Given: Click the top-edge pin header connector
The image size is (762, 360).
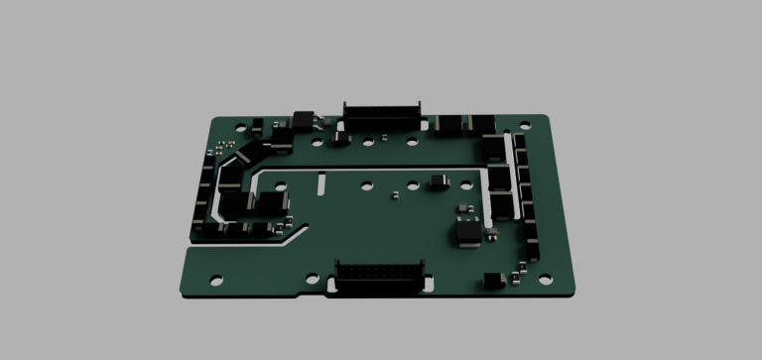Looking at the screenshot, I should pyautogui.click(x=382, y=112).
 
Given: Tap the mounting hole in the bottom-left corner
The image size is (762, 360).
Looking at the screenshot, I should pyautogui.click(x=215, y=279).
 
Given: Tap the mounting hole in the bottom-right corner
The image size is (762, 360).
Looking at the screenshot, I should pyautogui.click(x=545, y=279).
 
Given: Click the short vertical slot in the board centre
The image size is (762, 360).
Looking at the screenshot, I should pyautogui.click(x=321, y=183).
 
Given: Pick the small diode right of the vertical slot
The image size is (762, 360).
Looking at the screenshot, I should pyautogui.click(x=439, y=181).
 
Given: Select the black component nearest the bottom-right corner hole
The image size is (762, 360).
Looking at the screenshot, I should pyautogui.click(x=492, y=280).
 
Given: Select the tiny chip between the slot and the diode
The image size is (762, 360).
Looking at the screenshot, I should pyautogui.click(x=395, y=193).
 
